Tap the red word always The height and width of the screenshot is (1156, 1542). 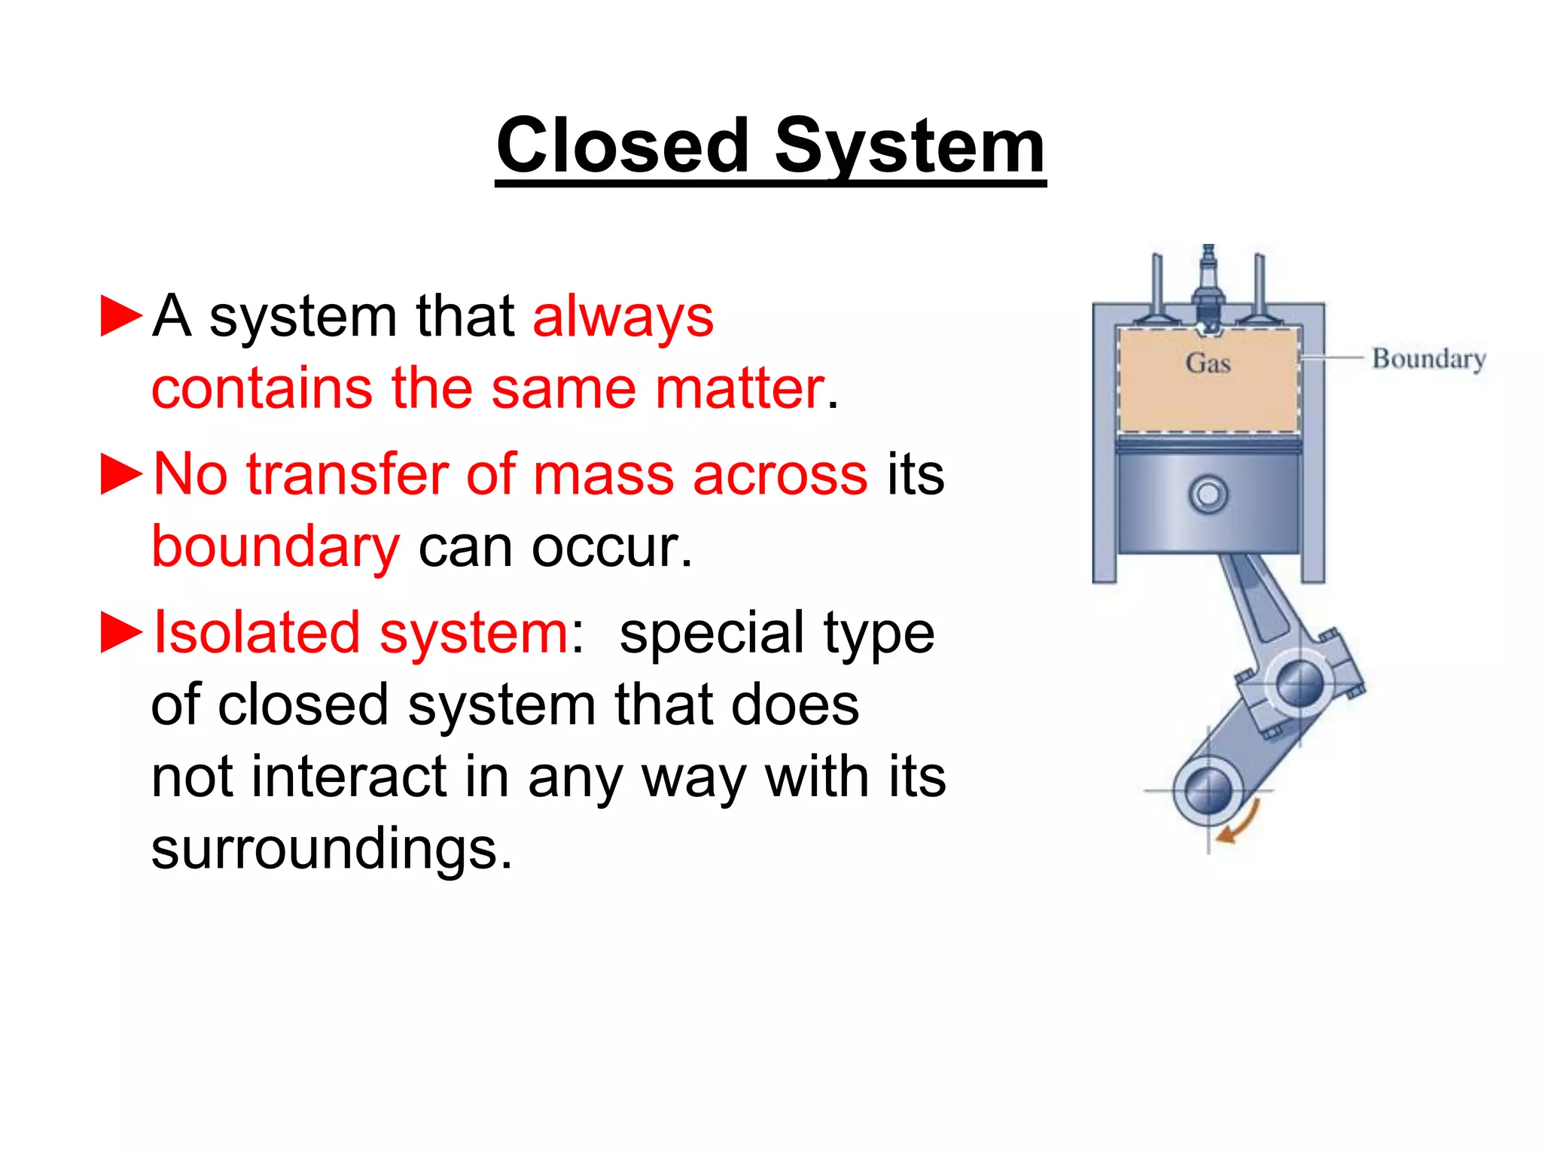623,317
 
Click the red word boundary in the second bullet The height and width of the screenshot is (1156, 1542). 276,547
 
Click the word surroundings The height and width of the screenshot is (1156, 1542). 331,848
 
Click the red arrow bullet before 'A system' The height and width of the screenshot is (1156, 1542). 121,316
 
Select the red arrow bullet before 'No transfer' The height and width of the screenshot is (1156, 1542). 121,475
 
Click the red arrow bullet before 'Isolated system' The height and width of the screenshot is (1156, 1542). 121,632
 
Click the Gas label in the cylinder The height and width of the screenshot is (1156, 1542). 1208,363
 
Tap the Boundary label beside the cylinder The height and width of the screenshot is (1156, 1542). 1428,359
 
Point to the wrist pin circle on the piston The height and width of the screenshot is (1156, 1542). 1208,495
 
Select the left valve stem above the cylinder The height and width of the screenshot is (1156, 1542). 1157,286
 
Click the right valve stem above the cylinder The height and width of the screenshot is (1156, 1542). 1259,286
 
